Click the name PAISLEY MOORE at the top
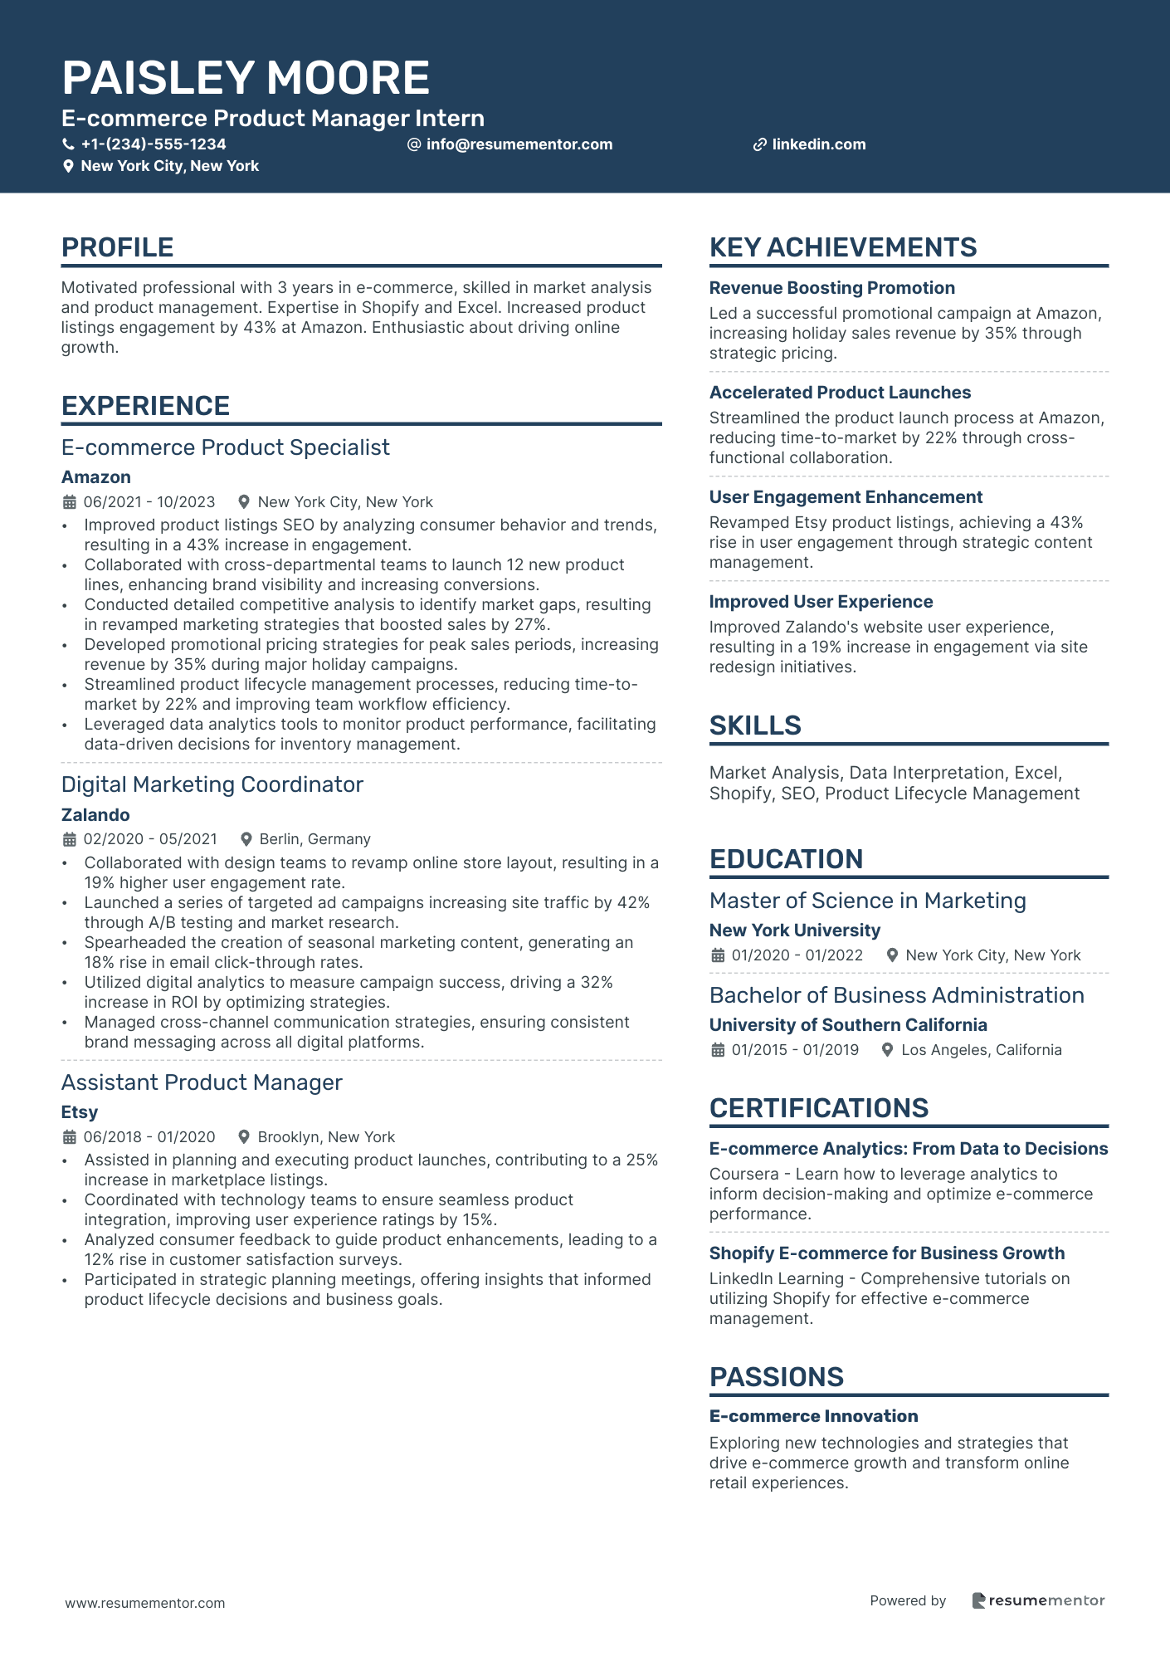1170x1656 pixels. pos(246,78)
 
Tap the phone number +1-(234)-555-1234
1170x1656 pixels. pos(154,144)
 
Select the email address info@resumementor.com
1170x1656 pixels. pos(519,144)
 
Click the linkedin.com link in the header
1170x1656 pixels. pos(818,144)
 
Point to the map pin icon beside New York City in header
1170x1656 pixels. pos(69,166)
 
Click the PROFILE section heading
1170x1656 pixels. pos(118,247)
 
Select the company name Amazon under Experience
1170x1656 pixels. pos(96,477)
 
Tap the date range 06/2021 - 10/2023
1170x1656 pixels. pos(149,502)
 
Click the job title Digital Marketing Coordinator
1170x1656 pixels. pos(212,784)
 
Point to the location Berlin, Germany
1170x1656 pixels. pos(314,839)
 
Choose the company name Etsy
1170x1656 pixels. pos(80,1112)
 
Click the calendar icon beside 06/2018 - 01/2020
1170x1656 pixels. pos(70,1137)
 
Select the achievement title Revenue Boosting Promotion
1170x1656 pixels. pos(831,288)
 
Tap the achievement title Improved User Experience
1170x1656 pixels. pos(821,602)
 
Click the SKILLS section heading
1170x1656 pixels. pos(755,725)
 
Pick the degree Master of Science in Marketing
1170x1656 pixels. pos(867,901)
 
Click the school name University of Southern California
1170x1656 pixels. pos(848,1025)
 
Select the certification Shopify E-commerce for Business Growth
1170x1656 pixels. pos(886,1253)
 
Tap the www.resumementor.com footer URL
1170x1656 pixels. pos(145,1603)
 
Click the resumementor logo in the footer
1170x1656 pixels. pos(1038,1600)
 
